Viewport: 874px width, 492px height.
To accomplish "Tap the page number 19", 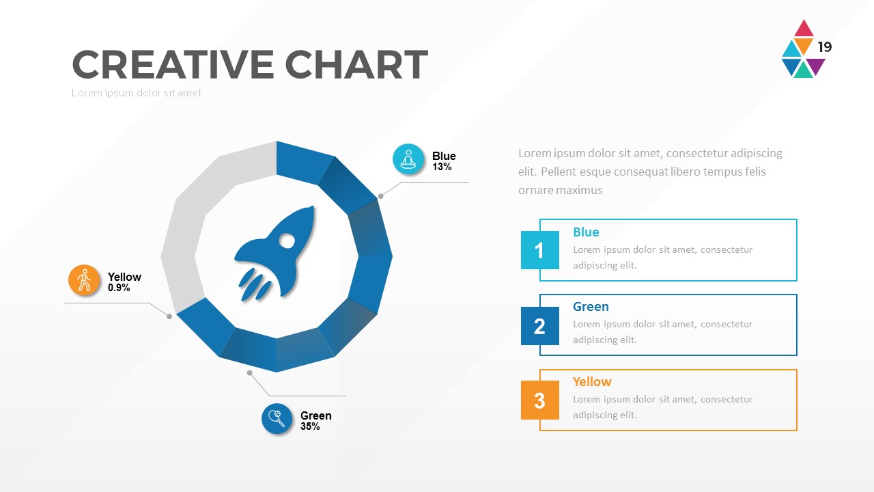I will [x=825, y=47].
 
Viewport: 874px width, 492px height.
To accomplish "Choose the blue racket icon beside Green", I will [x=277, y=419].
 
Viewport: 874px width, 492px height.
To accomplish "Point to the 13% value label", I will [x=442, y=167].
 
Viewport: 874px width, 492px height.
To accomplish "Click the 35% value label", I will [x=310, y=427].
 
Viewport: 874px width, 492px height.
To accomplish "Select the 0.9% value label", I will [x=119, y=288].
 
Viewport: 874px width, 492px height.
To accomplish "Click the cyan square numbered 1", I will [x=539, y=250].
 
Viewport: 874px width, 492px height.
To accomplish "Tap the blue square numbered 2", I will [x=539, y=326].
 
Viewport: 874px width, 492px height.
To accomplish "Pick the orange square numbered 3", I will [x=539, y=400].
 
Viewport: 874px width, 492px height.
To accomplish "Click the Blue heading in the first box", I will [x=586, y=232].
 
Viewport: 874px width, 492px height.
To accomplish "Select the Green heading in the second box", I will [x=591, y=307].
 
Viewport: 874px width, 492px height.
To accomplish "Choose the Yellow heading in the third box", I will [x=592, y=382].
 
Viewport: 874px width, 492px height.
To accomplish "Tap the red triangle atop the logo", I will [x=804, y=29].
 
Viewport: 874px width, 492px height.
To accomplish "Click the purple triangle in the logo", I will [x=815, y=65].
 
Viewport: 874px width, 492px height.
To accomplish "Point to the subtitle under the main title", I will [x=137, y=93].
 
